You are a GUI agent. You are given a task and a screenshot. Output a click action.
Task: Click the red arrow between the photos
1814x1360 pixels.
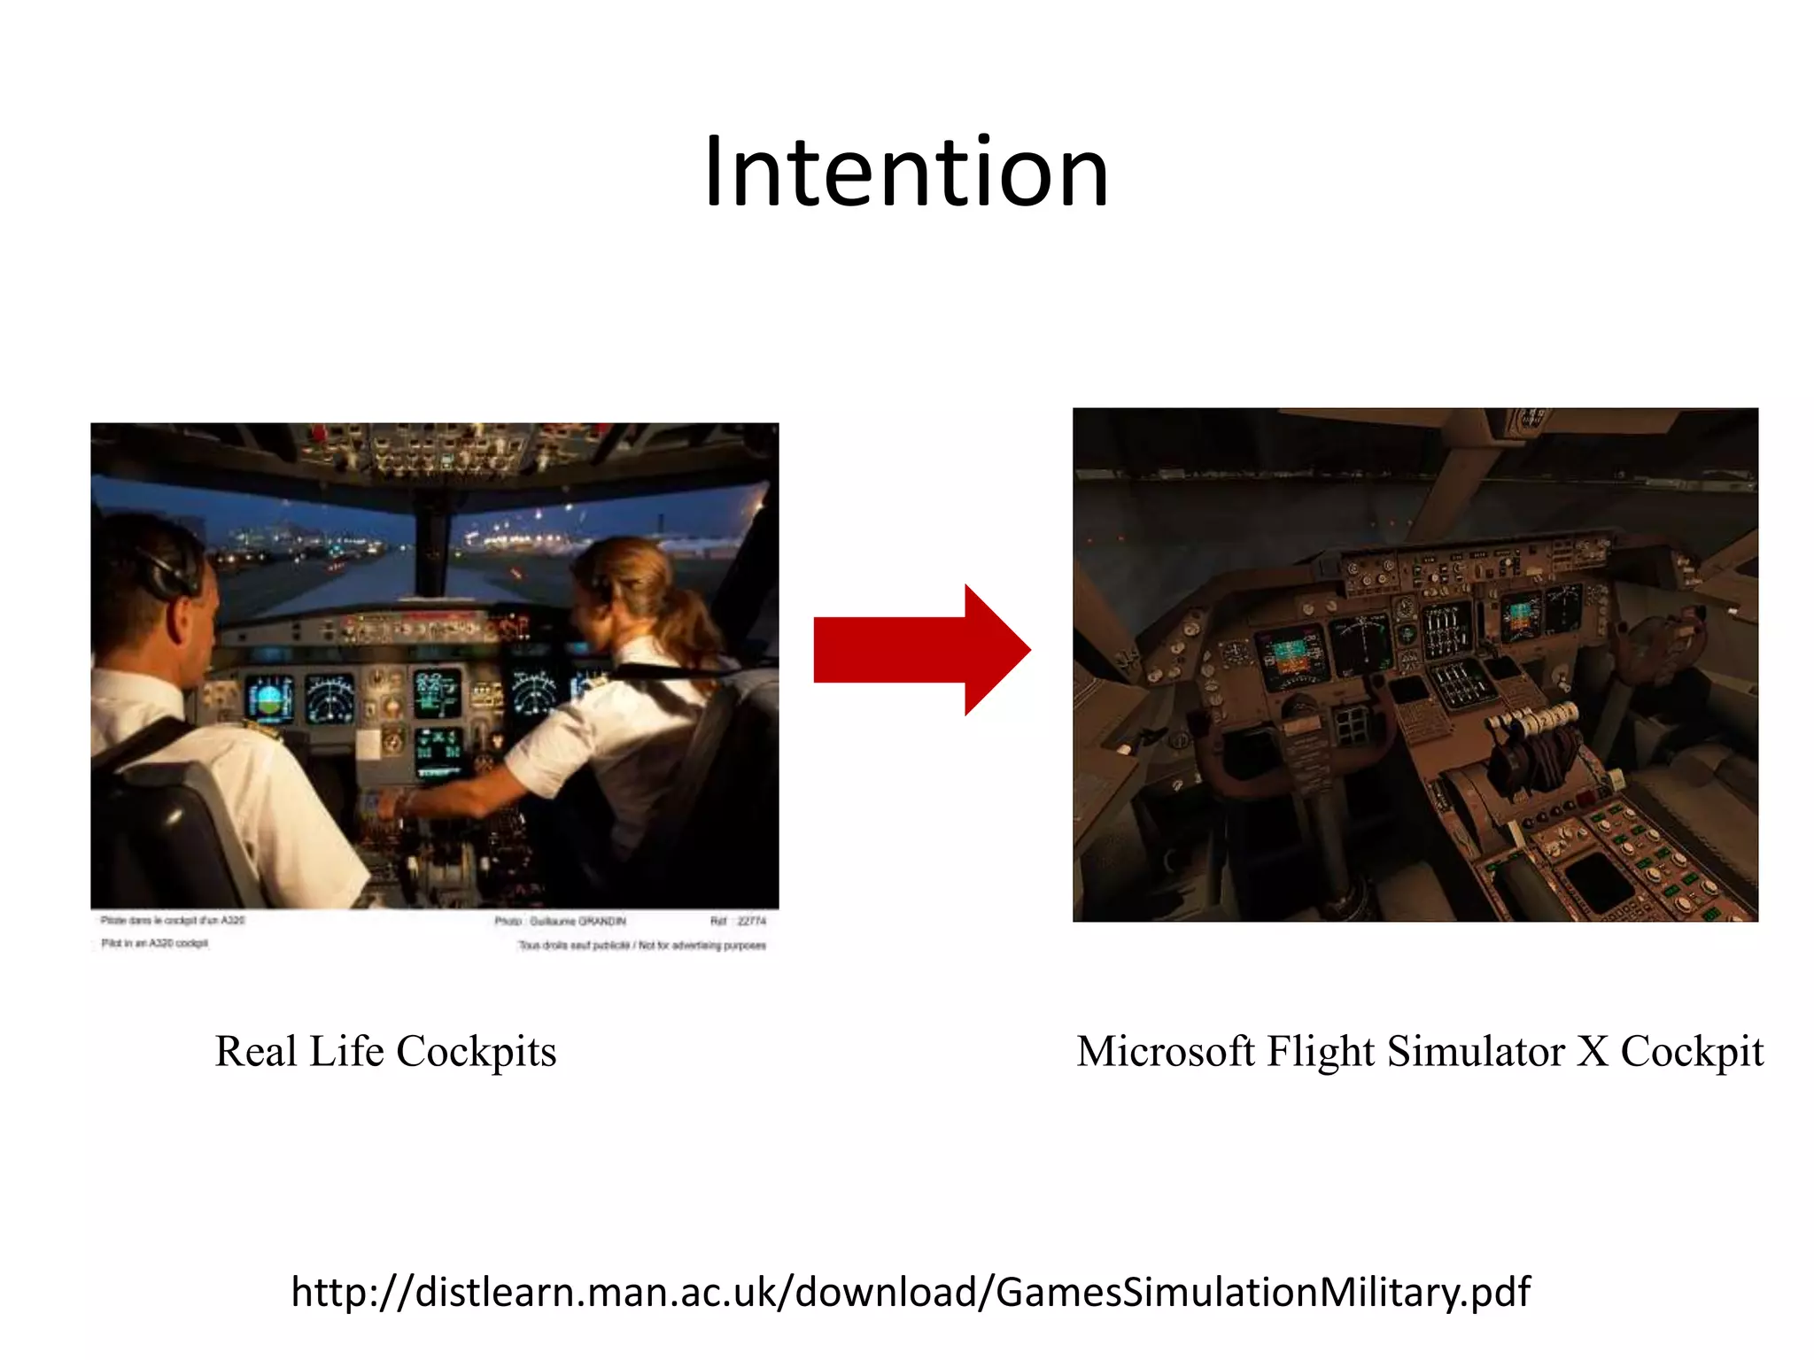921,649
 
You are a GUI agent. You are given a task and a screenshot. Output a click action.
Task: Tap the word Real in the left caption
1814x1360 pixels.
255,1051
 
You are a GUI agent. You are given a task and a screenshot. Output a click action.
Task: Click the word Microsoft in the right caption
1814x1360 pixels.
1165,1051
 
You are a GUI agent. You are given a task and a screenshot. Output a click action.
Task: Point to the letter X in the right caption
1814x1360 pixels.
1593,1051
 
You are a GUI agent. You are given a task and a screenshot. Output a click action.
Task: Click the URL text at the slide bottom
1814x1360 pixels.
910,1292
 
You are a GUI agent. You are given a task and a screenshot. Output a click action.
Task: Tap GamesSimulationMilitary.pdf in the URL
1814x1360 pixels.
1262,1292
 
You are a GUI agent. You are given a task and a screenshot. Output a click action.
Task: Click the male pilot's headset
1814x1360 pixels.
168,567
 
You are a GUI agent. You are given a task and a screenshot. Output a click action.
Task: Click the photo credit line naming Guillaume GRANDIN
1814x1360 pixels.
560,921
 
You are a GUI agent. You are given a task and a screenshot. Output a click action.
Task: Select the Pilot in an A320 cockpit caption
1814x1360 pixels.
154,943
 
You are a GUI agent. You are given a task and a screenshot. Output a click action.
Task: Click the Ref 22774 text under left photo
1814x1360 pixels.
737,921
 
